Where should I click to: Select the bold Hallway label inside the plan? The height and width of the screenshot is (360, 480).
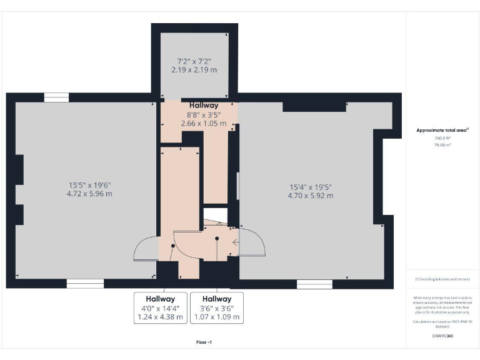204,106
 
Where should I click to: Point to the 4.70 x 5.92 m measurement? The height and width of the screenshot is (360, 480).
310,196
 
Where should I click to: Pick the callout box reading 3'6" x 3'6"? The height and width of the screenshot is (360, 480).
216,307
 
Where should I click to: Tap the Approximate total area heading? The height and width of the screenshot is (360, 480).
442,130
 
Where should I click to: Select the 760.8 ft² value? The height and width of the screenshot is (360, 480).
442,137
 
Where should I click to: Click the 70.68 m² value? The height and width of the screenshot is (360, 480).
442,144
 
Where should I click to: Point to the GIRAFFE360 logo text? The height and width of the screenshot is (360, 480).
442,336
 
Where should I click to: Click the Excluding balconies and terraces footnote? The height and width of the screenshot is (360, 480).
442,279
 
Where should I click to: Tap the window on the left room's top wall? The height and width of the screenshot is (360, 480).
56,97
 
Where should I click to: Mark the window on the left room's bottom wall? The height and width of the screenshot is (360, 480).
85,284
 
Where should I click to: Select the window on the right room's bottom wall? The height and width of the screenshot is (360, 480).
314,284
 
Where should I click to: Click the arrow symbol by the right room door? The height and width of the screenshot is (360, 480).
235,243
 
